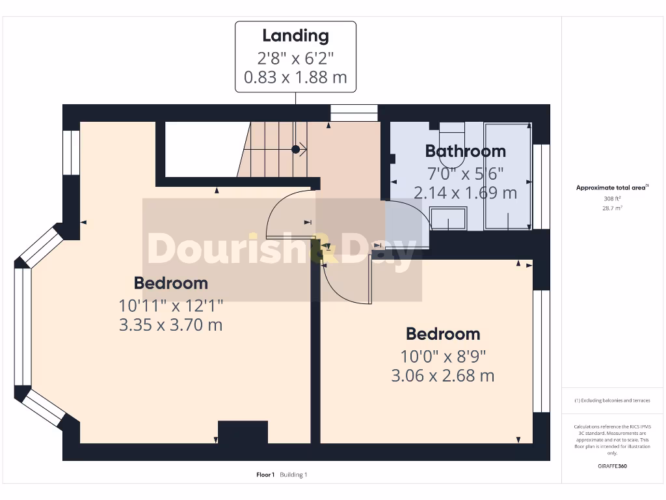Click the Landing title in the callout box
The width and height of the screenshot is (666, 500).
[x=295, y=36]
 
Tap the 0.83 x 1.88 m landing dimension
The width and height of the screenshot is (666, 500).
[x=295, y=77]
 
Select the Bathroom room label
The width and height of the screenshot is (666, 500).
[x=465, y=151]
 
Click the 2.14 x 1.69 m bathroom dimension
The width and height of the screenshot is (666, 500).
[x=465, y=193]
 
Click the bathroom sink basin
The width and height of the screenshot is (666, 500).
[x=448, y=218]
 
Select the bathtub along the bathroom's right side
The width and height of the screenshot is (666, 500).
[x=507, y=176]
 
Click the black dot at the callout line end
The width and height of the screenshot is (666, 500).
[x=295, y=149]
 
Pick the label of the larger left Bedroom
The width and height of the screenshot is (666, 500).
[x=170, y=283]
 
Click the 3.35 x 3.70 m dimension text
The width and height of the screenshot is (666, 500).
[x=170, y=324]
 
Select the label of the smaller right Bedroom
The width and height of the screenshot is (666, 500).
[x=442, y=334]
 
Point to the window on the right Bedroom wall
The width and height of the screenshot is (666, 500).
[x=541, y=352]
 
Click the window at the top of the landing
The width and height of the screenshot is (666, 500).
[x=354, y=113]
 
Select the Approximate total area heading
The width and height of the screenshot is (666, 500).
[x=611, y=187]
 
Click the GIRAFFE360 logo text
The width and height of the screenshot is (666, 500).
[x=612, y=466]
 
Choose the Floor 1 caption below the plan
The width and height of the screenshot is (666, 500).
[x=265, y=475]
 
